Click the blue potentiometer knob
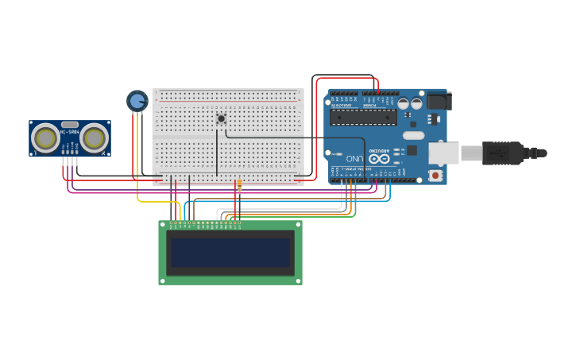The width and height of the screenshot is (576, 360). click(137, 101)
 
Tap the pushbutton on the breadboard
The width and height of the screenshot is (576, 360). click(221, 119)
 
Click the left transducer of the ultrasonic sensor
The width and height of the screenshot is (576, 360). click(45, 138)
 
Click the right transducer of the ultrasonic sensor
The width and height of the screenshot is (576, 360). click(94, 138)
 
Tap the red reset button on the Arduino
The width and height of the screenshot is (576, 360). click(435, 174)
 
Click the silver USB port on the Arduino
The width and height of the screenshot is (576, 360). click(443, 153)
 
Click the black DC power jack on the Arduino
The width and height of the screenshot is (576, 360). click(439, 101)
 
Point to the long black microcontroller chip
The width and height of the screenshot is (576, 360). click(363, 117)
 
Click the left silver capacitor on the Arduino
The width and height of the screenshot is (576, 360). click(404, 103)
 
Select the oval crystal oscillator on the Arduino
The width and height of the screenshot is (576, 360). click(413, 135)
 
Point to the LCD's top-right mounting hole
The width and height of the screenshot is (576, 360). click(298, 225)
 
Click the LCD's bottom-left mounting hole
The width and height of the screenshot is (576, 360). click(163, 280)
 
